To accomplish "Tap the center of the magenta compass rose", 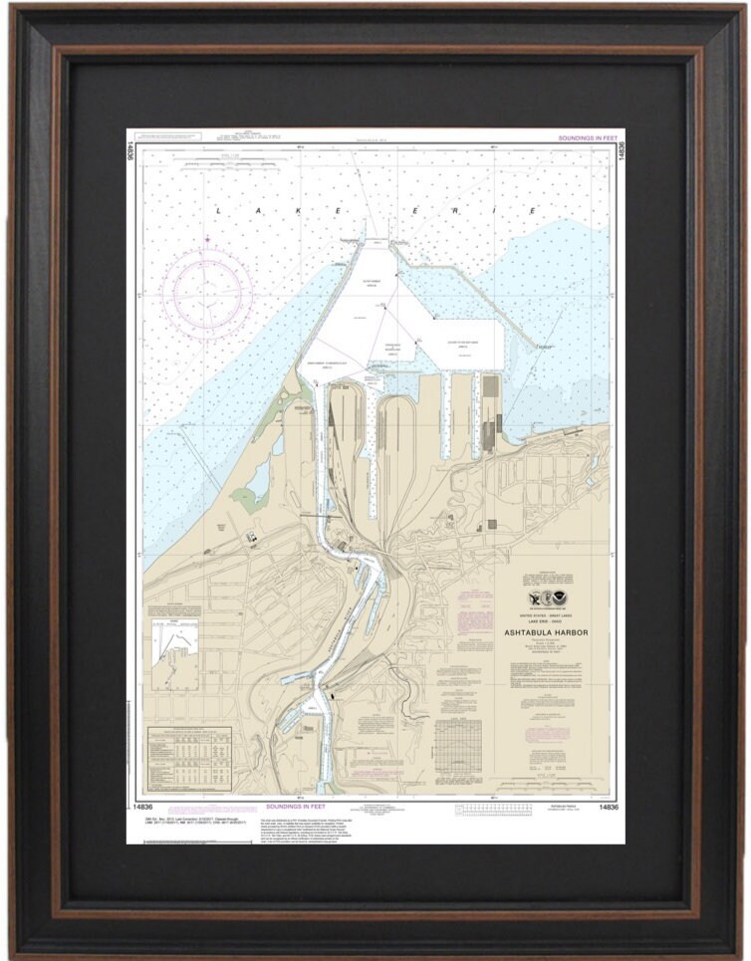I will (207, 291).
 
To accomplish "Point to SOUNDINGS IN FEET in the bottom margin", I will (299, 806).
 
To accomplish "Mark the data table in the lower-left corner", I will (189, 753).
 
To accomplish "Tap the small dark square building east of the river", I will (491, 525).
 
